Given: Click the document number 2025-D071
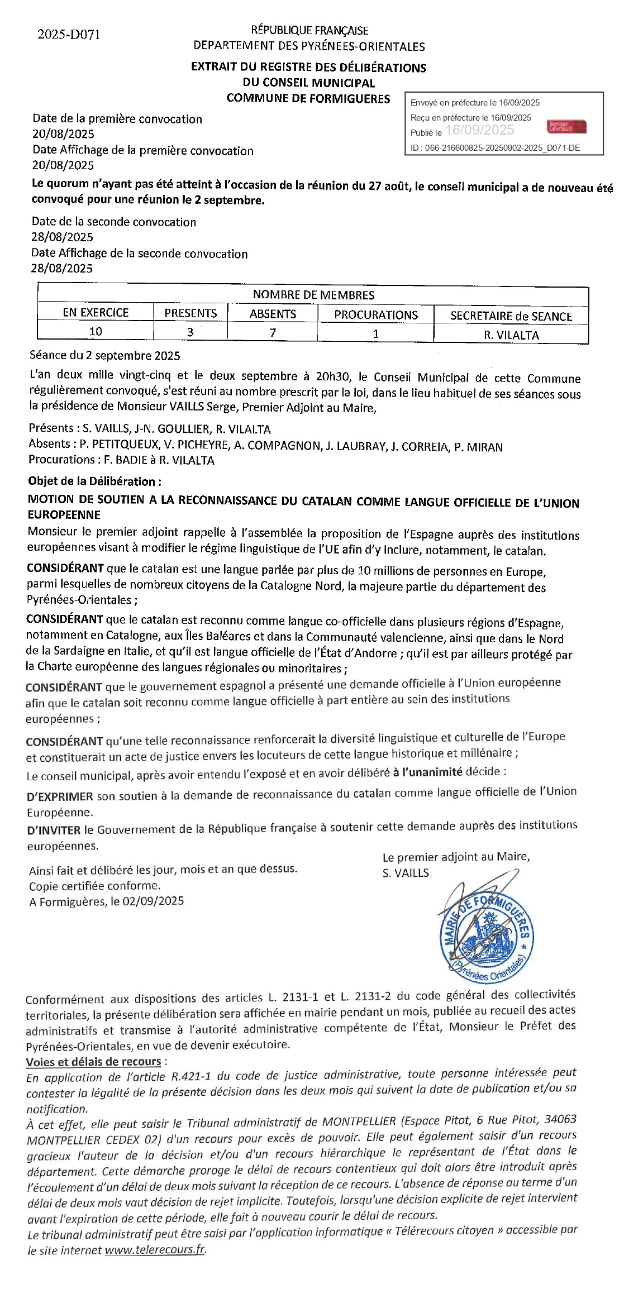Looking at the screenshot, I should [x=69, y=35].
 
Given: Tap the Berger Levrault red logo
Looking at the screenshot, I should [x=566, y=127].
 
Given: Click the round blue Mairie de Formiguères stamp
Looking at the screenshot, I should [x=486, y=932].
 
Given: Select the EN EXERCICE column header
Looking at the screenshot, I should [x=96, y=312].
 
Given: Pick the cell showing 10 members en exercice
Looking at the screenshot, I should [x=96, y=331].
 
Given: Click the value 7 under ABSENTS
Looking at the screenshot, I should [x=273, y=332].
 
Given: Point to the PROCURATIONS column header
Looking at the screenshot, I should [x=375, y=314].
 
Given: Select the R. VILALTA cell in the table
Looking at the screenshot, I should [x=511, y=335].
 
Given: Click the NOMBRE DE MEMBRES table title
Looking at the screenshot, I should [x=313, y=295].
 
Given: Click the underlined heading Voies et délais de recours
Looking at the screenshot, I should [x=93, y=1061].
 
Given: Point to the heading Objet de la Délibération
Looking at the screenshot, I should [x=95, y=481].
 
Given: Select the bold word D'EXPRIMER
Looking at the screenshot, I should [x=60, y=797].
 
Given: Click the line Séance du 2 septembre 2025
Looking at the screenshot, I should [x=104, y=355].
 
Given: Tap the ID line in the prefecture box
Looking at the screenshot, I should [x=495, y=148].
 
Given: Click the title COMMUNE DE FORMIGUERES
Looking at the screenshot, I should [x=308, y=98].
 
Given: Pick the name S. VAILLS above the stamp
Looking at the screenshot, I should [x=406, y=873].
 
